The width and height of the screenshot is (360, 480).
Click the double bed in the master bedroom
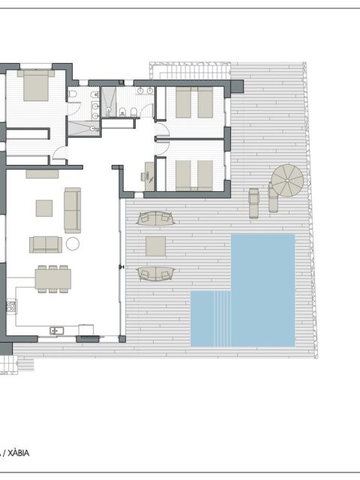(36, 85)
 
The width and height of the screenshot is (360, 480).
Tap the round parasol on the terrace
(287, 180)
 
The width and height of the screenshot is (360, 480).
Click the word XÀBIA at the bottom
(18, 453)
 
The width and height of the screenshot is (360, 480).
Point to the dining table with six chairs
(53, 279)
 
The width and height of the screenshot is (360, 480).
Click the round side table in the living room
(73, 244)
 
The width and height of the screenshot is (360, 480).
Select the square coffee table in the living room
(44, 208)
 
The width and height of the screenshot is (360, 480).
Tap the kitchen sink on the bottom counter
(57, 331)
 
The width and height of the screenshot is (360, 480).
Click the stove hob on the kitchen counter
(12, 306)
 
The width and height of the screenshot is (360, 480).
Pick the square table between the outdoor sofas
(155, 246)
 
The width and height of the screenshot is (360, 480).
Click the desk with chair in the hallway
(148, 177)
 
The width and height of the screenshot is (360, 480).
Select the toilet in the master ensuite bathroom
(73, 94)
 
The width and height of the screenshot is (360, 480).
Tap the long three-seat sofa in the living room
(73, 210)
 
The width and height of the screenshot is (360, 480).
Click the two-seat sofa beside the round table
(46, 244)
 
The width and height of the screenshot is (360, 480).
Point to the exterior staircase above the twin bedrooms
(190, 71)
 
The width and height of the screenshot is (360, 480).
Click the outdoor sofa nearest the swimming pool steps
(156, 274)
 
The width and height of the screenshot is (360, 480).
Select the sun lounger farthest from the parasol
(253, 203)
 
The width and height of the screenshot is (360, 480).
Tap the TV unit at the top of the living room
(42, 174)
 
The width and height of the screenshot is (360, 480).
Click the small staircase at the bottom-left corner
(9, 364)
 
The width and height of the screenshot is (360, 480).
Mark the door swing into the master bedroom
(60, 152)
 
